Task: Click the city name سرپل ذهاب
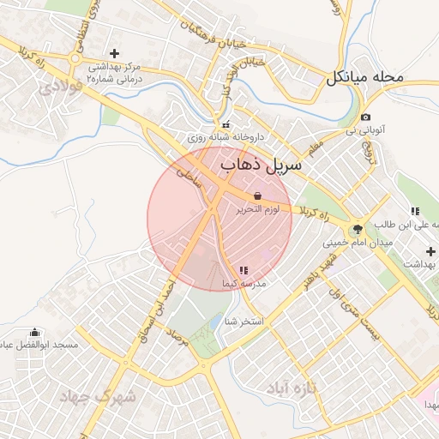[262, 165]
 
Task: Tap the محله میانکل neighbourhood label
[364, 78]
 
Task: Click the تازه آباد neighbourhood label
[291, 388]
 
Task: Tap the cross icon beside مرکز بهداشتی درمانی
[114, 54]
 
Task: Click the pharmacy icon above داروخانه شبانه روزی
[226, 125]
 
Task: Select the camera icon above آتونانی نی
[366, 117]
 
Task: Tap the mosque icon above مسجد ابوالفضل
[35, 332]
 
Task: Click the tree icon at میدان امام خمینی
[357, 229]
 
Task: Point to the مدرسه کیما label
[244, 283]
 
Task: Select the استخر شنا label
[243, 322]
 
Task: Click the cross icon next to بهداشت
[430, 250]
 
